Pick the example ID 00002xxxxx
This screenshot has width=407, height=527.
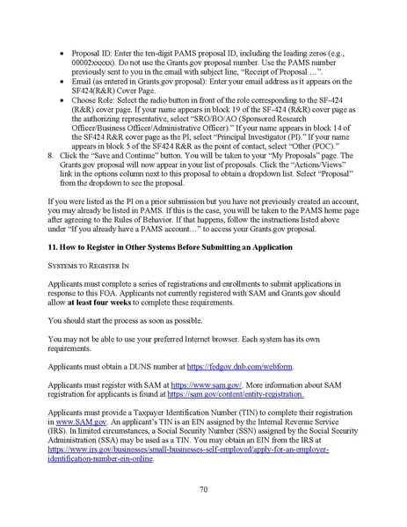coord(105,50)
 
